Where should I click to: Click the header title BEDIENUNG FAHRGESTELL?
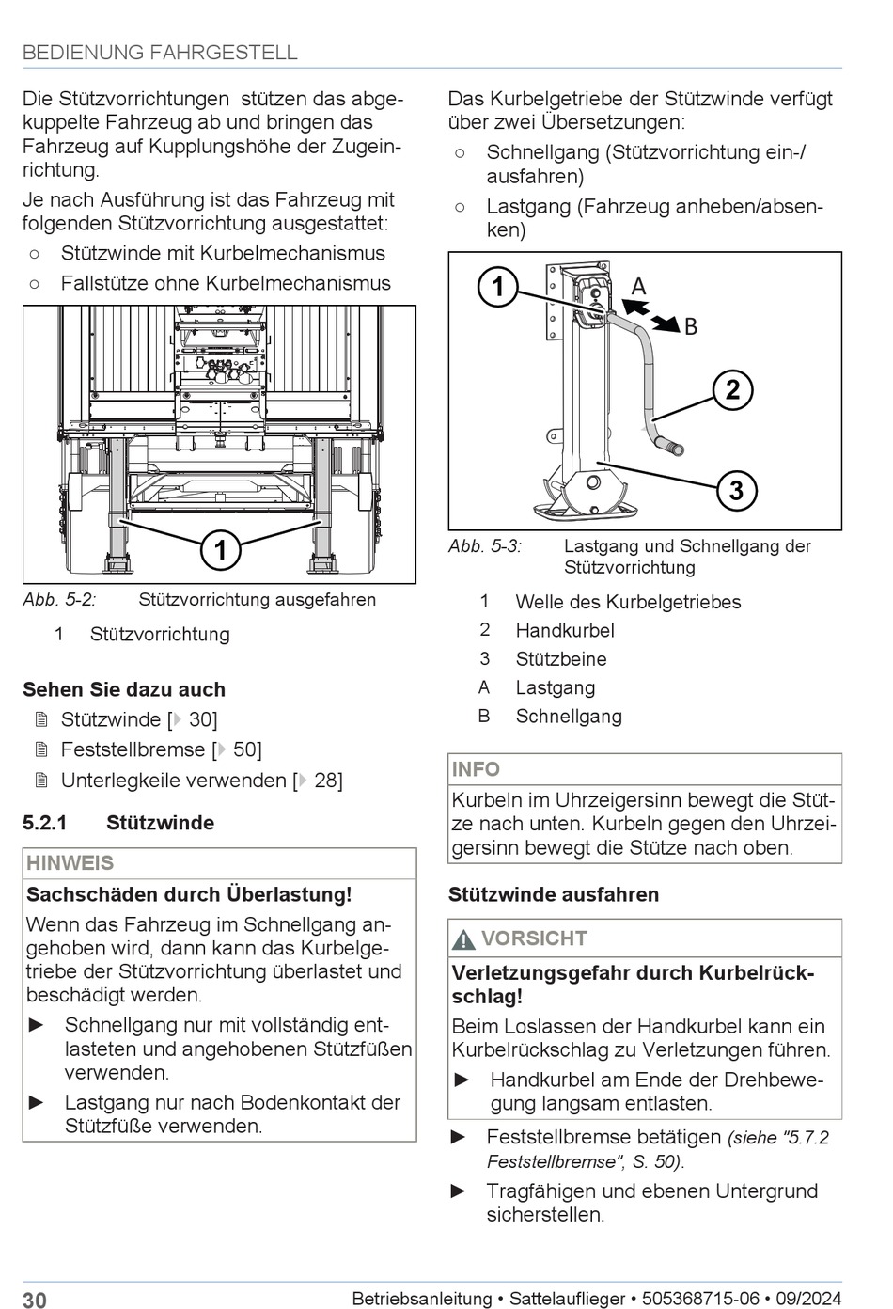(x=160, y=53)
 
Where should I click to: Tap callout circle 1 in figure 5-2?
(x=221, y=549)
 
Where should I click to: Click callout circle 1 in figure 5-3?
(x=498, y=287)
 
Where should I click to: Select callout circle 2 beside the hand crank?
(x=732, y=389)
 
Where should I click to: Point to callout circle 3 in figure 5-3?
(x=736, y=490)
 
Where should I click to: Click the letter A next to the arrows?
(x=638, y=287)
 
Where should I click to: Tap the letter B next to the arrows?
(x=691, y=327)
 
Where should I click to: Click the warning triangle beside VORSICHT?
(x=464, y=939)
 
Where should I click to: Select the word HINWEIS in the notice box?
(x=70, y=863)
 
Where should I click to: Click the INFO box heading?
(x=477, y=769)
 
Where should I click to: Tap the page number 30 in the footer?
(x=35, y=1300)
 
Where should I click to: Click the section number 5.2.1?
(x=45, y=823)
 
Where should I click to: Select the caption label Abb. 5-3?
(x=485, y=546)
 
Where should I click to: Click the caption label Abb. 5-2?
(x=60, y=600)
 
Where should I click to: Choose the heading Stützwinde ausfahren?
(x=554, y=894)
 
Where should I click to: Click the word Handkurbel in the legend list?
(x=565, y=630)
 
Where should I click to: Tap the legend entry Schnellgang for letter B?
(x=569, y=717)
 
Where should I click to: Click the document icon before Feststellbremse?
(x=40, y=749)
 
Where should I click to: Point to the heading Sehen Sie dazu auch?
(x=124, y=689)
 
